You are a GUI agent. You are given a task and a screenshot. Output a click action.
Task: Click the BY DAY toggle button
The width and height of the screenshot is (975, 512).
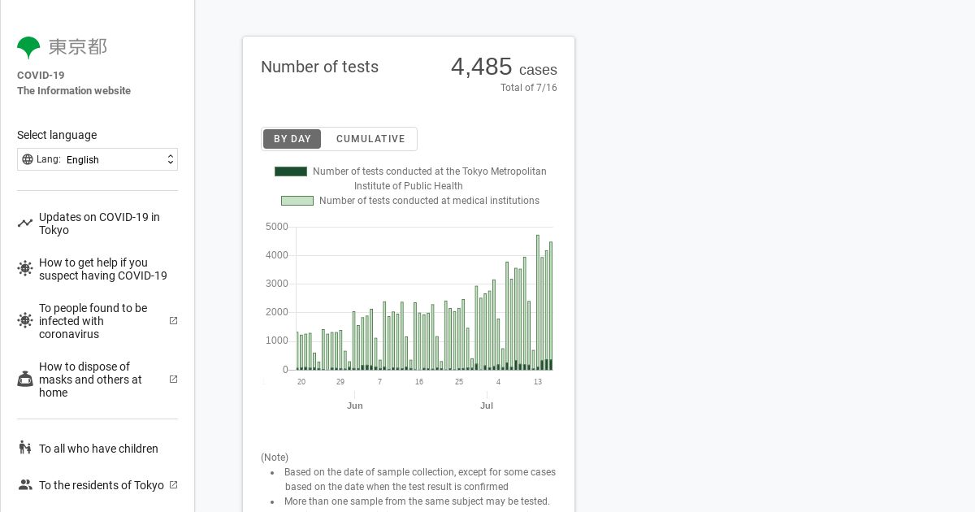tap(292, 139)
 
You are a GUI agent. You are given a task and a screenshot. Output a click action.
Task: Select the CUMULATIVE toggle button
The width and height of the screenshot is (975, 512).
tap(370, 139)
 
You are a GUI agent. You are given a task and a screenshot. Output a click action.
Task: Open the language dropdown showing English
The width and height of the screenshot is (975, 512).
tap(97, 159)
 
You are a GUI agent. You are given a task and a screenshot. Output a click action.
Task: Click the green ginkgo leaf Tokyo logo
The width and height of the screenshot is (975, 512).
tap(28, 47)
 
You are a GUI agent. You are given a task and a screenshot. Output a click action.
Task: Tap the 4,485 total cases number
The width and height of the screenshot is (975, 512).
tap(482, 67)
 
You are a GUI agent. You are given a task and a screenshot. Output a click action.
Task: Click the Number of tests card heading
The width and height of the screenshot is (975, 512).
tap(319, 67)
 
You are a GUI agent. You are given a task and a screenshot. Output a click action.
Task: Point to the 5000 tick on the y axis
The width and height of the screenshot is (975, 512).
tap(277, 227)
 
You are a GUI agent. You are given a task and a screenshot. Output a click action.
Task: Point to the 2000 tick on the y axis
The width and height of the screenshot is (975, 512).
tap(277, 312)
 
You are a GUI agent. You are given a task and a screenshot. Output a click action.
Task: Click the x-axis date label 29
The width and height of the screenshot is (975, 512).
tap(340, 382)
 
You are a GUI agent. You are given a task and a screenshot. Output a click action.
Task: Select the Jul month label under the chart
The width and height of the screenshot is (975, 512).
tap(487, 406)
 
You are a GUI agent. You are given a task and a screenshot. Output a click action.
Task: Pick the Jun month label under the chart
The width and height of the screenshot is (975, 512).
tap(355, 406)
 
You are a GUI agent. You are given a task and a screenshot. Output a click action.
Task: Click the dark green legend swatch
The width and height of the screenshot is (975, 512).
tap(291, 171)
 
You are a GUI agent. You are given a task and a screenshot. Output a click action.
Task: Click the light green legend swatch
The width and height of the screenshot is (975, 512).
tap(297, 201)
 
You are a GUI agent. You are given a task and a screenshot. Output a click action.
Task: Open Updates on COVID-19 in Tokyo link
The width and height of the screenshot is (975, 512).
tap(99, 223)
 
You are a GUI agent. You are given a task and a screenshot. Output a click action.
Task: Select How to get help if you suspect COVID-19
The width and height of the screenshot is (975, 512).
tap(102, 269)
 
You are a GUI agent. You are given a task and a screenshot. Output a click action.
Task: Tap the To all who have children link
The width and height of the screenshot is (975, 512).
tap(98, 449)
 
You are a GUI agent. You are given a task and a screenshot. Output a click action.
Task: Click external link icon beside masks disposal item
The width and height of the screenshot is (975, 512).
tap(173, 380)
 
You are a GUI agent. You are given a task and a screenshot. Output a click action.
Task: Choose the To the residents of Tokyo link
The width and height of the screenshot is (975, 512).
tap(101, 485)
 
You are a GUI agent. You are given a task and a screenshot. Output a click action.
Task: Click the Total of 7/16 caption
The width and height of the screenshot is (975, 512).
tap(528, 88)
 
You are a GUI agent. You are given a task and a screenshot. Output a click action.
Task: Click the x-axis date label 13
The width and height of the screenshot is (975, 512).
tap(538, 382)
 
